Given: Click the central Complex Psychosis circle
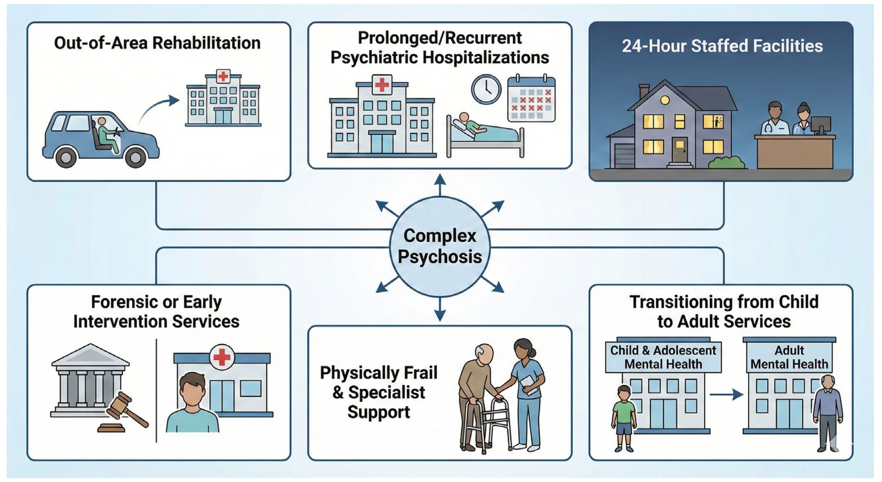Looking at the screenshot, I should pyautogui.click(x=440, y=246).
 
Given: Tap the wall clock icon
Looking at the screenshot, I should pyautogui.click(x=486, y=89).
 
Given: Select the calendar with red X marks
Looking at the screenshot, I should pyautogui.click(x=531, y=99).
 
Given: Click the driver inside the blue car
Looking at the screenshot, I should pyautogui.click(x=106, y=134).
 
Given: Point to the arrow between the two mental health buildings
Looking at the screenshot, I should pyautogui.click(x=726, y=394).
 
